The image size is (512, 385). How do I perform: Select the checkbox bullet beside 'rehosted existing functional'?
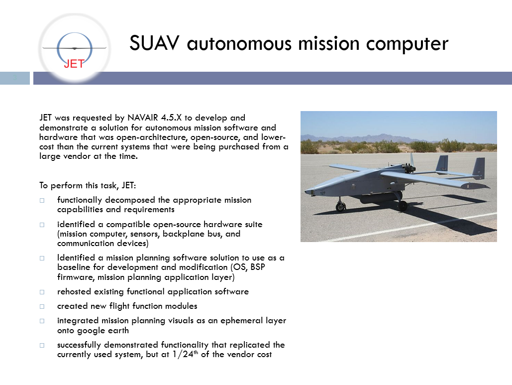42,292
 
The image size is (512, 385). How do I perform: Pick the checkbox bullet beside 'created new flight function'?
42,306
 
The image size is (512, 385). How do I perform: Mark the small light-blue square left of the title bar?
15,78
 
